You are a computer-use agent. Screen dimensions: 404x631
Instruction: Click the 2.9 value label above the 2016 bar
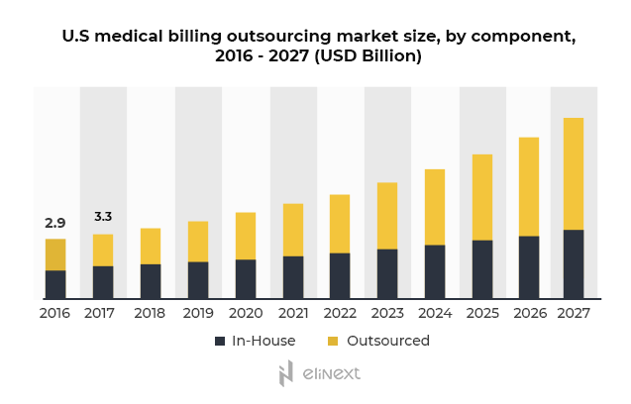(54, 223)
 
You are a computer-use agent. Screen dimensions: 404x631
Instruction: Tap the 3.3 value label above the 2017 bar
(103, 216)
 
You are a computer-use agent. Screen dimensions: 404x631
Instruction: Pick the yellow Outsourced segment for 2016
(55, 254)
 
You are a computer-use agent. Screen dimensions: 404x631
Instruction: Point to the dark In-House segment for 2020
(246, 278)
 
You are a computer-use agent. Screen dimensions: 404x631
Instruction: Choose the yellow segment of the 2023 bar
(387, 215)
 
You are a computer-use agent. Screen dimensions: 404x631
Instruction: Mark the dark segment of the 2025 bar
(482, 268)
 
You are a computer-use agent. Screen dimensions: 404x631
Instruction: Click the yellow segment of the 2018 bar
(151, 246)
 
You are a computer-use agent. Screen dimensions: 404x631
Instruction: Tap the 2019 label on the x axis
(198, 313)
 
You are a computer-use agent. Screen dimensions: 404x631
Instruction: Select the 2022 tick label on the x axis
(340, 313)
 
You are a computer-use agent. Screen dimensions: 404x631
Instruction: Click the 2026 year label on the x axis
(528, 313)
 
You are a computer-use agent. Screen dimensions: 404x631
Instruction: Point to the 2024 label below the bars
(435, 313)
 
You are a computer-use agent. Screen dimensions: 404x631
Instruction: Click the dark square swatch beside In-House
(220, 341)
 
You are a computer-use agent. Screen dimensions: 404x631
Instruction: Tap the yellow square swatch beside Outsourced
(333, 341)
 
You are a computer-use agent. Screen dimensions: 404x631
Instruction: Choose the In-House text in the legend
(263, 341)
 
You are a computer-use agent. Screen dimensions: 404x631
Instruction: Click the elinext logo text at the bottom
(331, 373)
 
